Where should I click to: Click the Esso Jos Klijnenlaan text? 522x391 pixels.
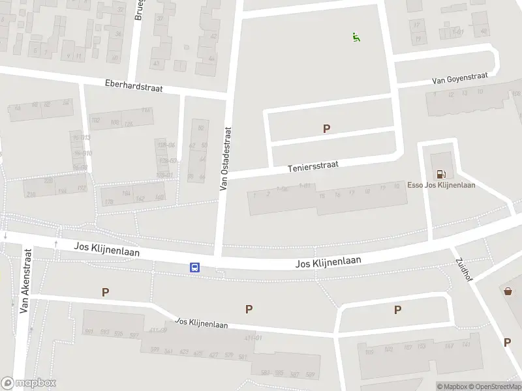441,185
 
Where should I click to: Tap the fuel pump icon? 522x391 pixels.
442,173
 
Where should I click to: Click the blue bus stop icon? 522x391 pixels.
194,267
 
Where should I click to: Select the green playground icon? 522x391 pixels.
356,38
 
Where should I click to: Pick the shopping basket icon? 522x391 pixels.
508,291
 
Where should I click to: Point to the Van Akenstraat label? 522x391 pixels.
26,280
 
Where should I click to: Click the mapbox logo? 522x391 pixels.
29,383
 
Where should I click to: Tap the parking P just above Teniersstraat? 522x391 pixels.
326,128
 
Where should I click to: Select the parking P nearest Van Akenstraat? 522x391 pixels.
105,293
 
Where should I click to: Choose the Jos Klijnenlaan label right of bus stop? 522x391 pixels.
328,263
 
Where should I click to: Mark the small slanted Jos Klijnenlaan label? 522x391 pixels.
202,323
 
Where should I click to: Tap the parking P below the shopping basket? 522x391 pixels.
507,342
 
